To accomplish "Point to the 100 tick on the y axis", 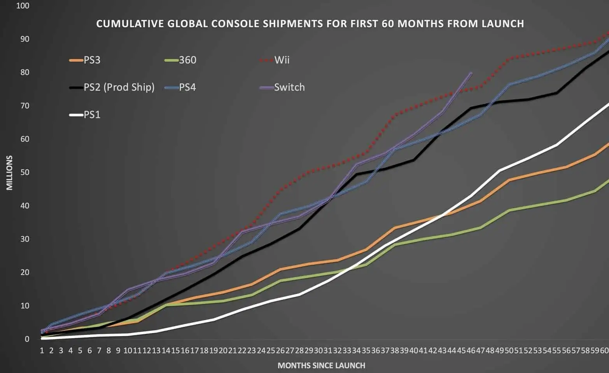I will (23, 6).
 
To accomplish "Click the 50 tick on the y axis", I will (24, 173).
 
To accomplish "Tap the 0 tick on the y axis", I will (27, 339).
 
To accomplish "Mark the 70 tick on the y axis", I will (24, 106).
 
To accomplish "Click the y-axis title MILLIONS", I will (9, 173).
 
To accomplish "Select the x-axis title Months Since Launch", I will (321, 366).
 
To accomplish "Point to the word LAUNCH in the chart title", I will (502, 24).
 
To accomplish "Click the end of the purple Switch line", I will (471, 73).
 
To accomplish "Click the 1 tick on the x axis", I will (42, 350).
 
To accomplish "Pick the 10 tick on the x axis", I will (128, 350).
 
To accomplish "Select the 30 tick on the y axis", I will (24, 239).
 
